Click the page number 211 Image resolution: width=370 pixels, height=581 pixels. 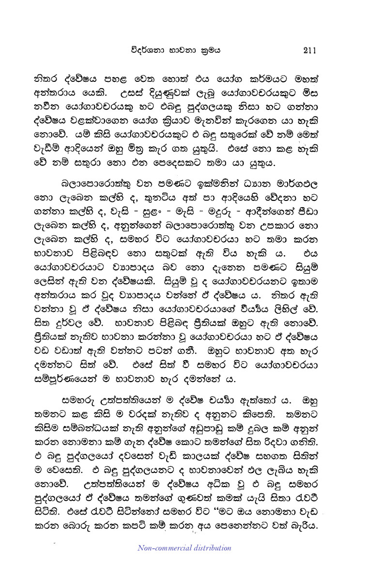308,49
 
